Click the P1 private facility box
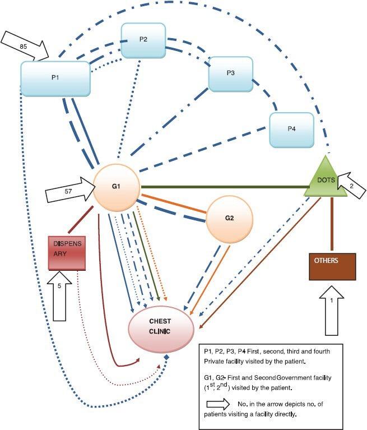click(55, 77)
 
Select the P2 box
click(143, 40)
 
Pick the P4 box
click(291, 129)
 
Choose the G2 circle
click(230, 218)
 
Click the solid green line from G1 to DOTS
click(224, 187)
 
